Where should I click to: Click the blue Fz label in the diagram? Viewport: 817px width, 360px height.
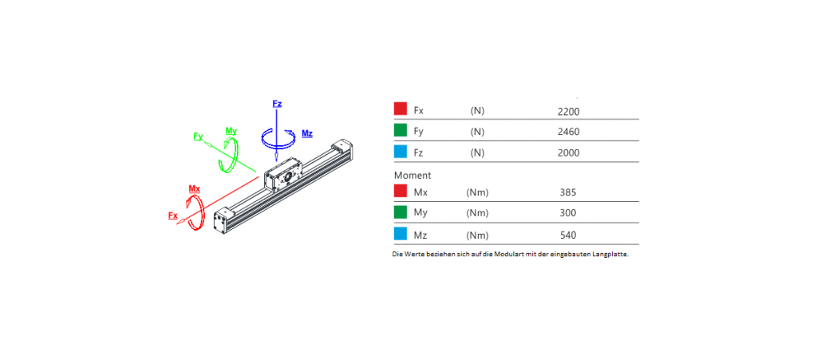pos(277,104)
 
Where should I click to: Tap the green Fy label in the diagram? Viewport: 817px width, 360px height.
pos(198,136)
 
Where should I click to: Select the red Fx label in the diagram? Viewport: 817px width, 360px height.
pos(173,216)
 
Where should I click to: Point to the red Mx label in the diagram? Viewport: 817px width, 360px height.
pos(195,188)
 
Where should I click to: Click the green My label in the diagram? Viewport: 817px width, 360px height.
pos(231,130)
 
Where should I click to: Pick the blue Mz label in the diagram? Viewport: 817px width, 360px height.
pos(307,134)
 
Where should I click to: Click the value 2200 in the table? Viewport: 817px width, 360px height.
pos(568,111)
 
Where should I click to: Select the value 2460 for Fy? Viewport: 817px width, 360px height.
pos(568,132)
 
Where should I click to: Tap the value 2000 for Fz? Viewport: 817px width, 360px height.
pos(568,152)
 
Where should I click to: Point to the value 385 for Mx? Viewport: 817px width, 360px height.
pos(568,192)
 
